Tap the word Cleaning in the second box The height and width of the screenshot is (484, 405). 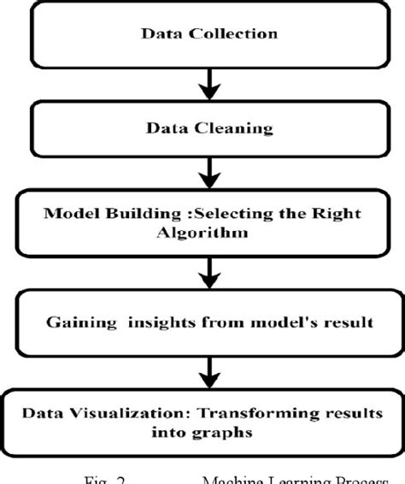[x=236, y=130]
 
